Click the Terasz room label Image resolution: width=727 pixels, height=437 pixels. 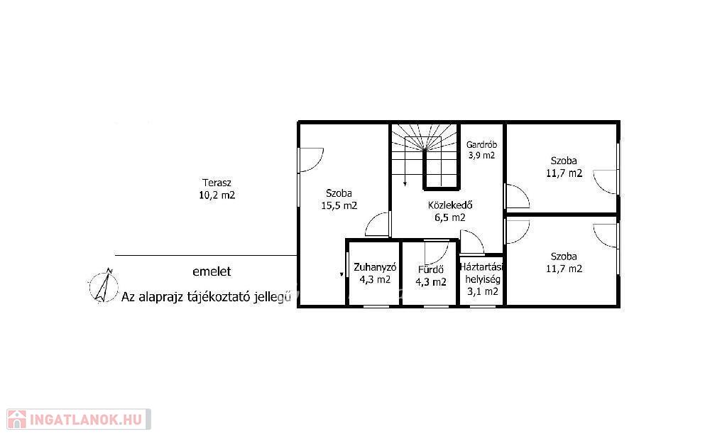[217, 183]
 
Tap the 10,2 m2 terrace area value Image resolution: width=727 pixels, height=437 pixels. [217, 195]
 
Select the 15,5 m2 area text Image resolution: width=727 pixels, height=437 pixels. [339, 205]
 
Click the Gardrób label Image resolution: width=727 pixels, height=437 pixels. [482, 145]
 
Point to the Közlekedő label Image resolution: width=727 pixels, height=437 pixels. [450, 205]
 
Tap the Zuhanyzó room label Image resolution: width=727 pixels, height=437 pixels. [375, 267]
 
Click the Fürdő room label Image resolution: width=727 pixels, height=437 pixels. [431, 269]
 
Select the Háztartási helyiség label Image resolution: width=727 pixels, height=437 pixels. [482, 274]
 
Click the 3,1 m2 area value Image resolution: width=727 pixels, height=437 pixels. [483, 292]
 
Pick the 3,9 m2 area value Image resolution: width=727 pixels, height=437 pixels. [482, 156]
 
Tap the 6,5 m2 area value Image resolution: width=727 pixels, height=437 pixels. [450, 217]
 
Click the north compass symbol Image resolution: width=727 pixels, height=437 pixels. [104, 286]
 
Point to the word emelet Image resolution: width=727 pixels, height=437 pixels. [212, 272]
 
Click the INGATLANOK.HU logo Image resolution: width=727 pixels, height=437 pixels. [79, 419]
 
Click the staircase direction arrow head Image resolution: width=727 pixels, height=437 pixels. [405, 184]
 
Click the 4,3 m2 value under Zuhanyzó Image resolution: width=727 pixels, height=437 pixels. [375, 280]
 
